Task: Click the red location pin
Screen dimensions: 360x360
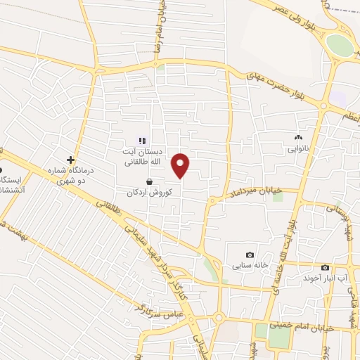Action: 181,165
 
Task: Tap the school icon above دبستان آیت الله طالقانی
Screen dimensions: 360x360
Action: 142,140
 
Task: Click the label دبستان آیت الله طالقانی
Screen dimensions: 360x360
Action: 143,156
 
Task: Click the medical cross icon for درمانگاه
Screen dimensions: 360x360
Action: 70,160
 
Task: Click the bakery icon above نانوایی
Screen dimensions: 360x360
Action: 298,138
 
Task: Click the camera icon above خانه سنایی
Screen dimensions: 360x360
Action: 249,255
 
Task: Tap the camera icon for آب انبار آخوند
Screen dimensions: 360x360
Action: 325,267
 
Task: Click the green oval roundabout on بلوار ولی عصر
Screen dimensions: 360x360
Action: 340,46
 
